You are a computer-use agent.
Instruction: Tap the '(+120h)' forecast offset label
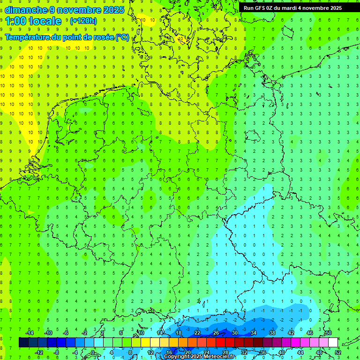pos(83,21)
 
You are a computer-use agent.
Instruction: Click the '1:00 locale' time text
pos(33,21)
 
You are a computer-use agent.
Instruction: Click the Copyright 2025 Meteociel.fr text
pos(200,357)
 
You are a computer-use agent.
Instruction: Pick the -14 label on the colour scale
pos(29,333)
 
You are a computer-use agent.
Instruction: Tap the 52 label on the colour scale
pos(337,352)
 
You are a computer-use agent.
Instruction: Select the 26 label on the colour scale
pos(216,333)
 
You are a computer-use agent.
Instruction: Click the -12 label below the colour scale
pos(39,352)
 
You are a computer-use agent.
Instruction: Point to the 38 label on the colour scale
pos(272,333)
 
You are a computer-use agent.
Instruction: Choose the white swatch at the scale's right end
pos(333,343)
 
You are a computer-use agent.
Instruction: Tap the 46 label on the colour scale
pos(309,333)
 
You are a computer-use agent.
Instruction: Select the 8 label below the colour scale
pos(130,352)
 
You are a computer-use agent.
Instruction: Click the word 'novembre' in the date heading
pos(77,10)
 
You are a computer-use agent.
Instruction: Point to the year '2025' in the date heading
pos(114,10)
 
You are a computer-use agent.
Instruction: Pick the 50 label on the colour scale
pos(328,333)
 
